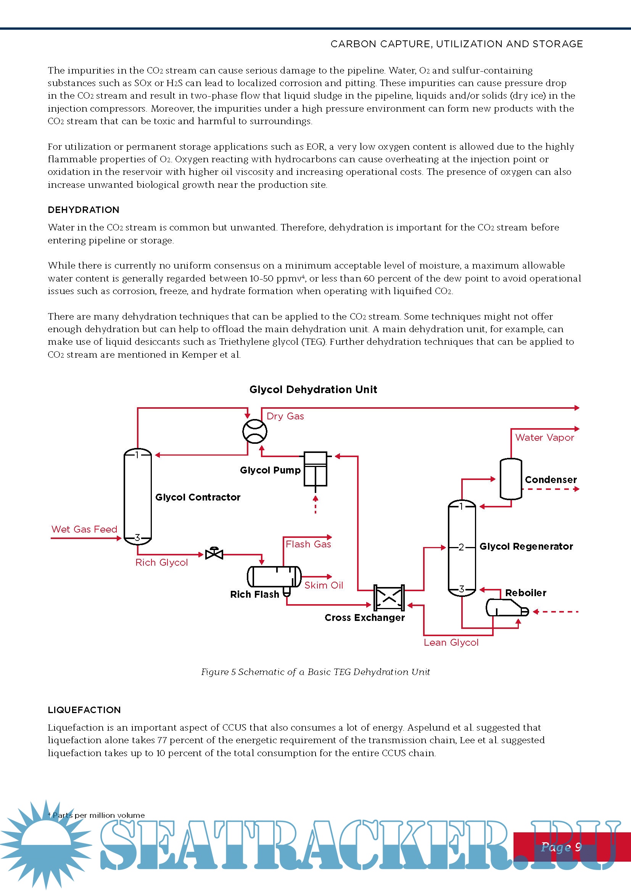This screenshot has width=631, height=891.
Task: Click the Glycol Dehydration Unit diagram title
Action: coord(313,390)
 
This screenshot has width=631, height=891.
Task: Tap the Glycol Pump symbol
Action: coord(315,469)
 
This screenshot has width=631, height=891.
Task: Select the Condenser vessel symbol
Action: coord(510,479)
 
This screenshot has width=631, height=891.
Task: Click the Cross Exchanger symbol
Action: coord(388,598)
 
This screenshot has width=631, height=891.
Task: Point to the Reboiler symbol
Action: coord(505,608)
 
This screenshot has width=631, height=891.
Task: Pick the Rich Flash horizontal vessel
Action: coord(274,577)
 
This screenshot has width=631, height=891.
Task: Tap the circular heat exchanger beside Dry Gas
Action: coord(255,431)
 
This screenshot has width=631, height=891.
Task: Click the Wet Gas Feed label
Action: coord(84,529)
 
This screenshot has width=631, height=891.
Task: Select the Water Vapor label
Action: coord(544,438)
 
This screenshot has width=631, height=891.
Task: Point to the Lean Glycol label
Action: coord(451,643)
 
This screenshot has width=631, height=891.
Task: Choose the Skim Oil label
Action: coord(324,585)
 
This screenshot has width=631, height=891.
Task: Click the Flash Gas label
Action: coord(308,544)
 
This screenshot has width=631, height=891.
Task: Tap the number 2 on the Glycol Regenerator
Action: coord(461,547)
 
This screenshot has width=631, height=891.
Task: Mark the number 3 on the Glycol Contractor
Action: coord(137,537)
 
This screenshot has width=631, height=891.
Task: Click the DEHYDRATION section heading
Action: coord(84,210)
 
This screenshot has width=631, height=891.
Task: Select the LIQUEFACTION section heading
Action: coord(84,710)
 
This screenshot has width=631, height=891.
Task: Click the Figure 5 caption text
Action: coord(315,672)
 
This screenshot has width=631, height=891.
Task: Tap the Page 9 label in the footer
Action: coord(561,847)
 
